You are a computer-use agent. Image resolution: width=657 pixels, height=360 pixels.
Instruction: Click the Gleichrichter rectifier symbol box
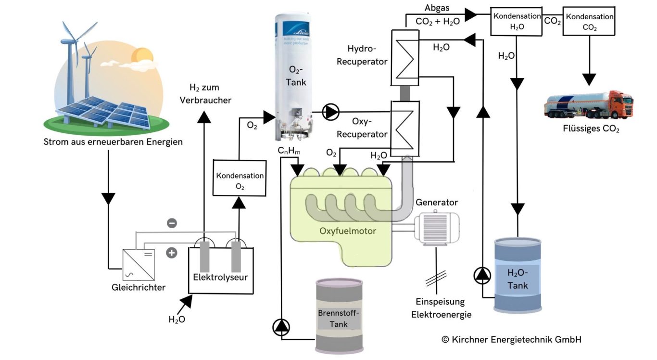point(139,264)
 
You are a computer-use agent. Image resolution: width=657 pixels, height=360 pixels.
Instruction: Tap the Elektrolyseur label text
point(221,278)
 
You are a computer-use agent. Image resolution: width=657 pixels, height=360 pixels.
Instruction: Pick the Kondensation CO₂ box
point(590,21)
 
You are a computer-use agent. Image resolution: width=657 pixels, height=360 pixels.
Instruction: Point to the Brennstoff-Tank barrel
point(339,316)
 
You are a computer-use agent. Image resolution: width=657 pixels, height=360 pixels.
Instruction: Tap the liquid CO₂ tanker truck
point(589,104)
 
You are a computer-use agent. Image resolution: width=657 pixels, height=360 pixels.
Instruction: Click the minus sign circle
point(172,223)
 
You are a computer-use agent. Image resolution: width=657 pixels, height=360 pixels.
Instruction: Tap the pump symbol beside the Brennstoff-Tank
point(281,327)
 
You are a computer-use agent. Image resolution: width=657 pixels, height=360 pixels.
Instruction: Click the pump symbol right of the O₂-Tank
point(330,112)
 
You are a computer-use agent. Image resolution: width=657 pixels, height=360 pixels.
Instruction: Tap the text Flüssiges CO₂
point(591,129)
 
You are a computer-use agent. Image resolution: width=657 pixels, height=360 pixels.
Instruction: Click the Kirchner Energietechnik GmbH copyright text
point(511,339)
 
